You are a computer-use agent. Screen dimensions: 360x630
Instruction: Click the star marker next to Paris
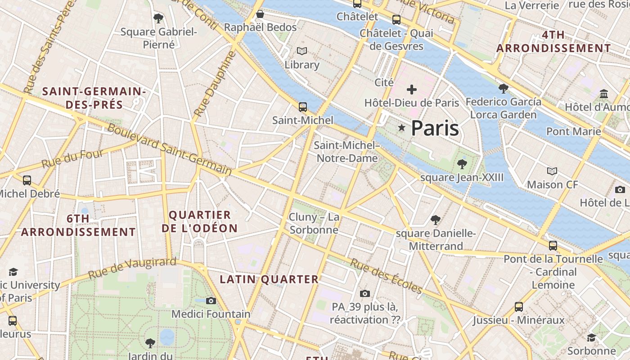point(402,129)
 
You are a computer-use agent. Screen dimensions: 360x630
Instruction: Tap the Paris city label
point(435,128)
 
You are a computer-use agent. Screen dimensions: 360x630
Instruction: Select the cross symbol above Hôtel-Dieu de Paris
point(411,90)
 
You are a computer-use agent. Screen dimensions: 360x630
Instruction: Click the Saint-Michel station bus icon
point(303,107)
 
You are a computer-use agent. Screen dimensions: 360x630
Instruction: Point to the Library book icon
point(301,51)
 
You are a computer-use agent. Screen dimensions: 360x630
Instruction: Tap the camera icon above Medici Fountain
point(211,301)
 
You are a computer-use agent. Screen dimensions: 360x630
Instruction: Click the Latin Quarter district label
point(269,279)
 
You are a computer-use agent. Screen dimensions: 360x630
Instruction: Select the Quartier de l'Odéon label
point(199,221)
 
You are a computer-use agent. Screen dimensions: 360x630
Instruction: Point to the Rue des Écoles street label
point(386,276)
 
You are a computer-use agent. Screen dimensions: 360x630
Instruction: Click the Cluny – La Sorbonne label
point(314,223)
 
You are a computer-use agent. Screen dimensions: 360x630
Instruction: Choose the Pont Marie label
point(573,131)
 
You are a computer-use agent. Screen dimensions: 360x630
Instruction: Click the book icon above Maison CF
point(552,171)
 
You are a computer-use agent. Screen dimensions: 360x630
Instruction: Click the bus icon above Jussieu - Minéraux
point(519,307)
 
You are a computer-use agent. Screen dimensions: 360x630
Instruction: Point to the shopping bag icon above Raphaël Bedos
point(260,14)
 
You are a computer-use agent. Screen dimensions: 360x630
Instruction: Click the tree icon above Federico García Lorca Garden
point(503,88)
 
